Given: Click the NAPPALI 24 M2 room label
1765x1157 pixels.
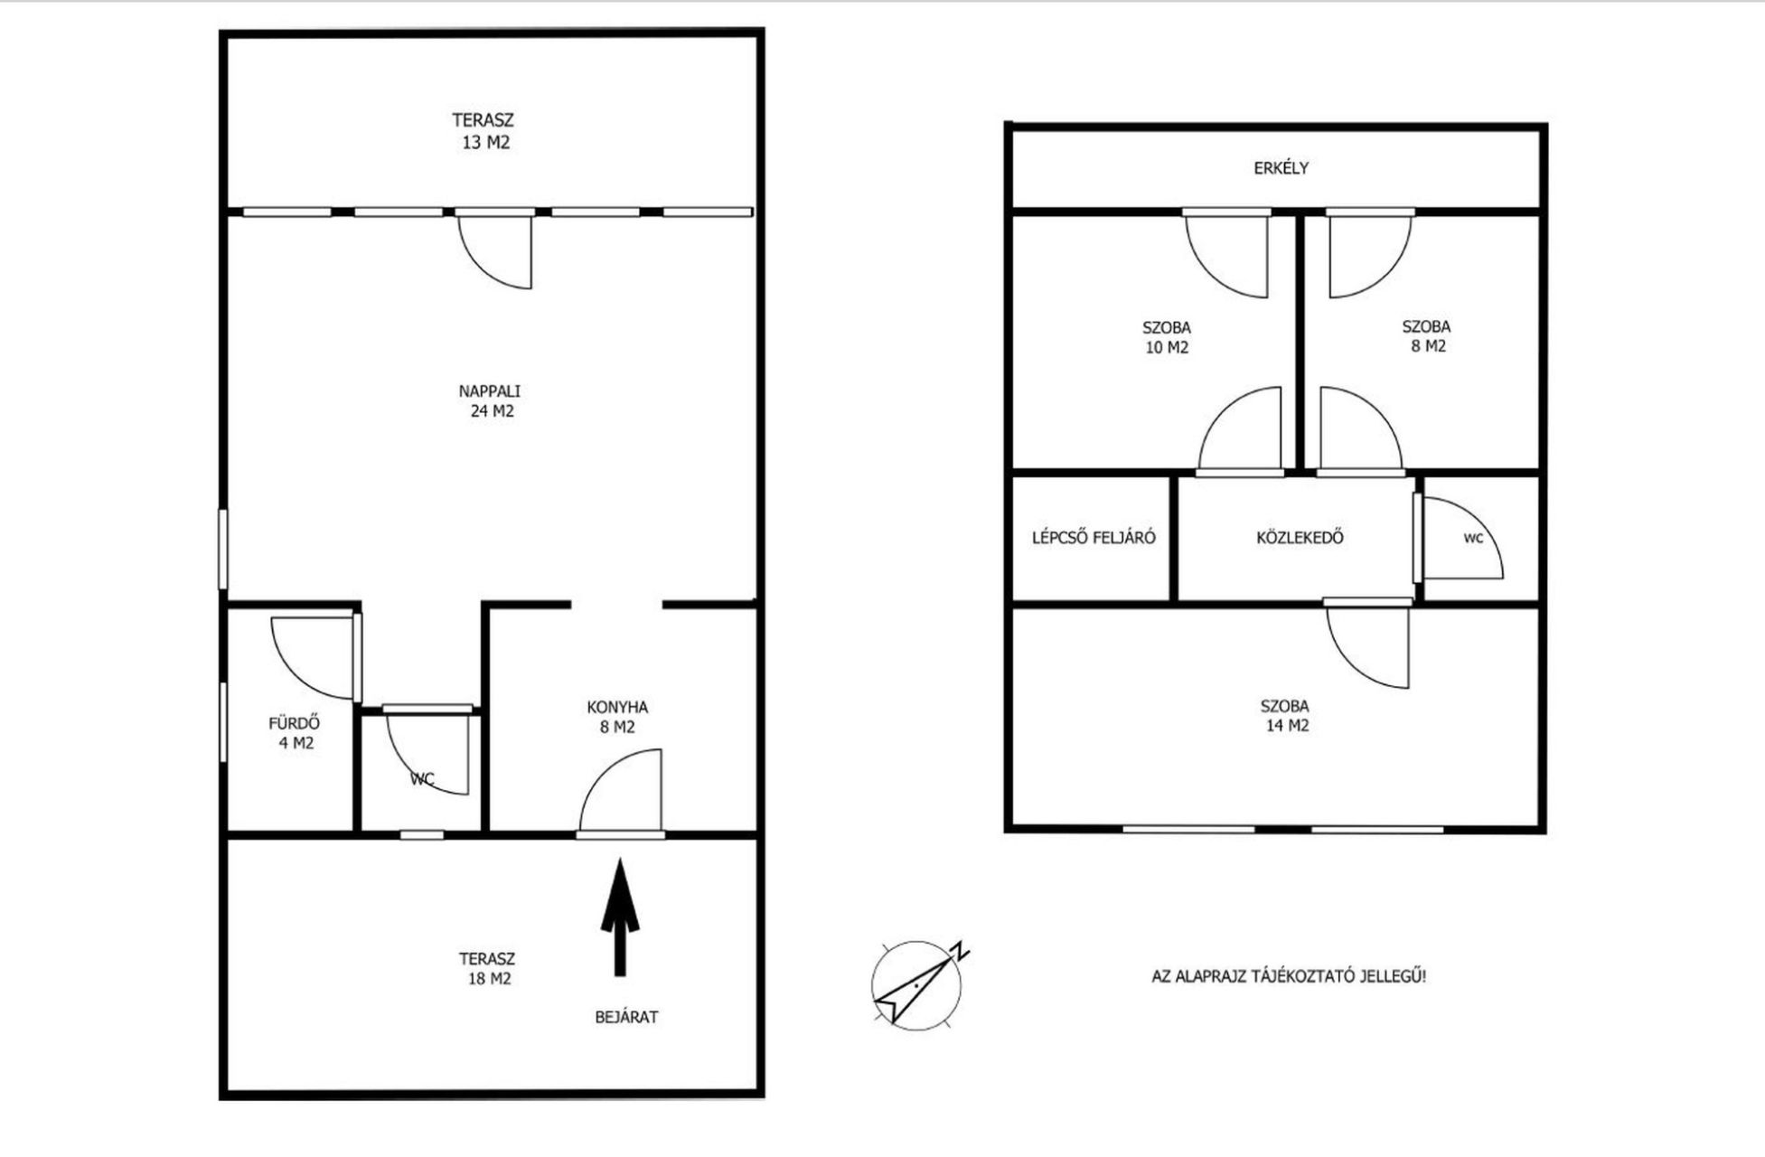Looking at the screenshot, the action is pos(490,401).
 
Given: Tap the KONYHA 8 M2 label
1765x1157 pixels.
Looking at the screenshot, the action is pos(617,717).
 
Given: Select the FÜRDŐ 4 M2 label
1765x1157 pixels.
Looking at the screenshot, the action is pos(295,733).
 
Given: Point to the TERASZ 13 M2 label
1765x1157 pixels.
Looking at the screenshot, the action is pos(483,131).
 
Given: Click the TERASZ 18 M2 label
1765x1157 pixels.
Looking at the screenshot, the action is pos(487,968).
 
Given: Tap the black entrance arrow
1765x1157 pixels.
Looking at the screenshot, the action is pos(620,917).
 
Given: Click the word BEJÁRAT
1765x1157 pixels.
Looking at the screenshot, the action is pos(626,1017).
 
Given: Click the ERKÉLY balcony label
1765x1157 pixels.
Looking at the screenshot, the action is pos(1281,168).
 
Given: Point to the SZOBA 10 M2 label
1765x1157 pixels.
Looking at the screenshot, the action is pos(1167,337).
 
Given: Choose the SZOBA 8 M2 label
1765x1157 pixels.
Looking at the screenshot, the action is pos(1427,336).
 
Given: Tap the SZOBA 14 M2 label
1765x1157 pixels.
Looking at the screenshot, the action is pos(1285,716).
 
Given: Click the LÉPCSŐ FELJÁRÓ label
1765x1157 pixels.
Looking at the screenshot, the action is pos(1094,538).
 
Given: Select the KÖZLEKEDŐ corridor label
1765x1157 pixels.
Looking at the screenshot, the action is pos(1300,538).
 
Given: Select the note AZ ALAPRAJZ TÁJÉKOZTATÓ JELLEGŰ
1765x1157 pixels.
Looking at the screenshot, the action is pos(1289,976).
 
